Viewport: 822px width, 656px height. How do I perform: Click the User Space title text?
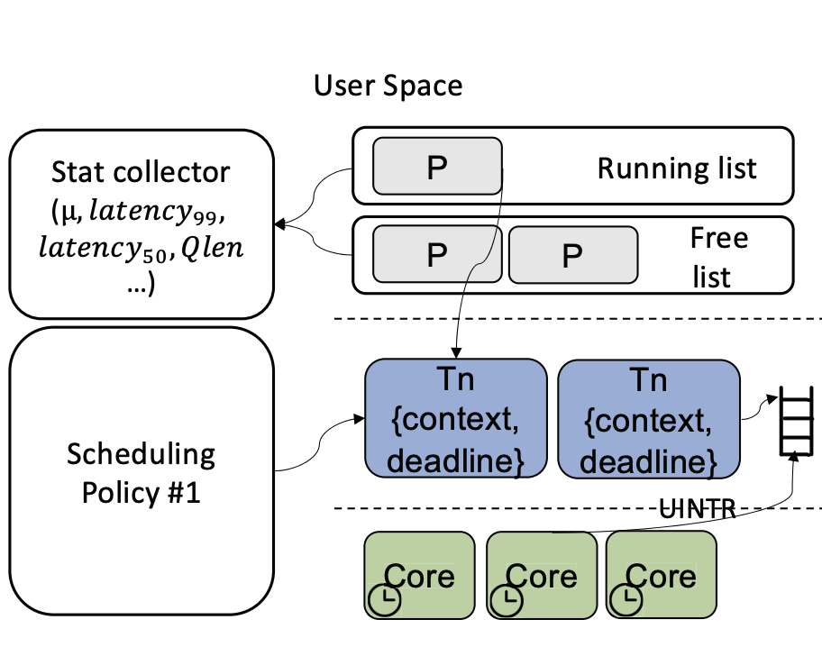click(x=388, y=86)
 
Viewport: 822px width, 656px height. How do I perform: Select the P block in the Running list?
click(x=437, y=166)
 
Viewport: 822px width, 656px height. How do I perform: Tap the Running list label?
click(x=677, y=169)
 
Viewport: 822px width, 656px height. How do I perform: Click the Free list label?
click(x=718, y=258)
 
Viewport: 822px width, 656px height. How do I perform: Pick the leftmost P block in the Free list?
click(x=437, y=255)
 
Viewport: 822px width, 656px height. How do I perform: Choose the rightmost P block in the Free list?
click(x=573, y=255)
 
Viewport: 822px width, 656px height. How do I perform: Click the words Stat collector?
click(x=141, y=172)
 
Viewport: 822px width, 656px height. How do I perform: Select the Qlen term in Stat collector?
click(x=213, y=248)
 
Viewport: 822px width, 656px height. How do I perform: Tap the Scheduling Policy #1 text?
click(x=141, y=472)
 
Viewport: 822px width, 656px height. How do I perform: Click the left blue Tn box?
click(x=455, y=418)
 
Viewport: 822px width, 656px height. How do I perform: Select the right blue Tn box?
click(x=649, y=419)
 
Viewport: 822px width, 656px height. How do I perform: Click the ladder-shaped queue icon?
click(x=796, y=421)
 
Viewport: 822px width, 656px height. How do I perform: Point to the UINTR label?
click(x=698, y=508)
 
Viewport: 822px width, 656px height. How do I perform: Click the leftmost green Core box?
click(x=419, y=575)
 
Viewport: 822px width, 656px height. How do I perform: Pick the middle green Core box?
click(x=542, y=575)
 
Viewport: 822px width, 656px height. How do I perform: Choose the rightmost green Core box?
click(x=661, y=575)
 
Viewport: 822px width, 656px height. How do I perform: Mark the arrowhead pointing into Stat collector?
click(x=280, y=224)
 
